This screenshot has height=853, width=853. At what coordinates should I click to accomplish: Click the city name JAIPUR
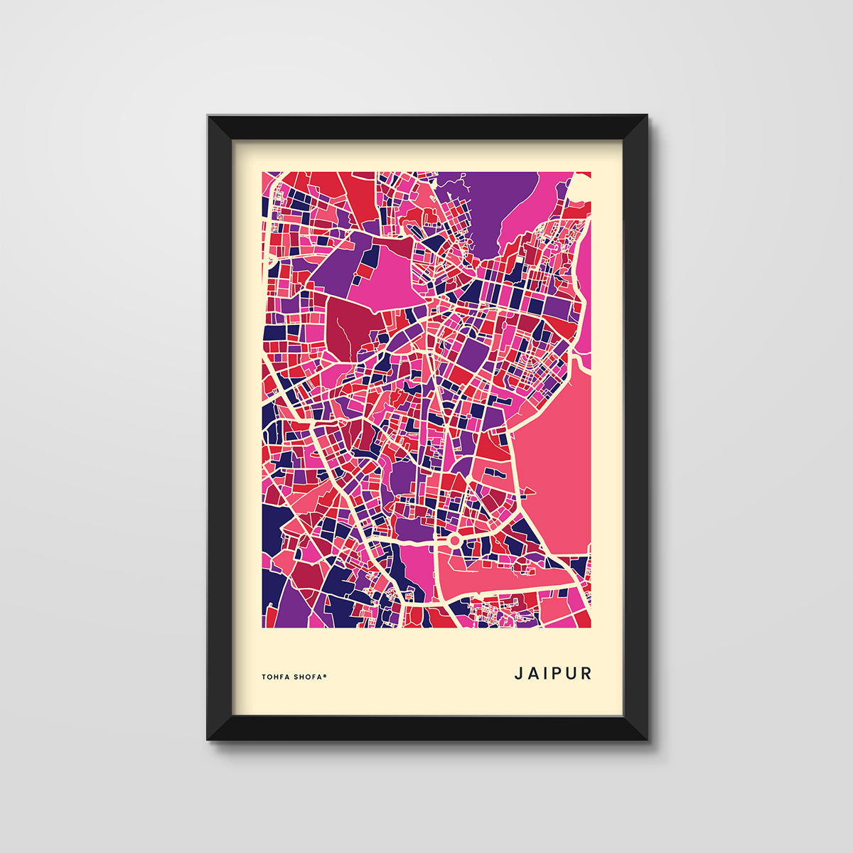point(553,673)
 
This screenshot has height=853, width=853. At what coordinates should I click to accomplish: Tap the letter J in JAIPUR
point(518,673)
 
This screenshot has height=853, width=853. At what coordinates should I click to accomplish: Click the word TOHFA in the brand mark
point(276,677)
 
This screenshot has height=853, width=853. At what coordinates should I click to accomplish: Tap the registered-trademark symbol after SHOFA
point(326,675)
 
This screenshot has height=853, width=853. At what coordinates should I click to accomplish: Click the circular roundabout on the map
point(454,542)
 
